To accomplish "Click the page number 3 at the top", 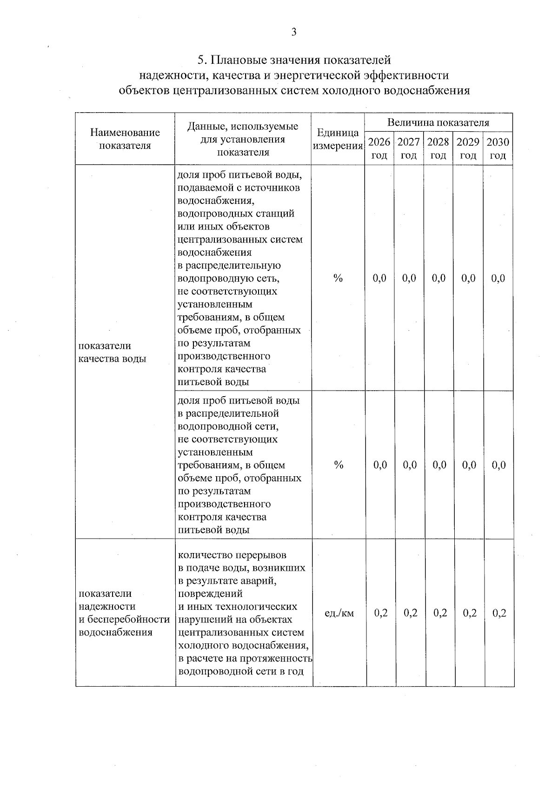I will pos(293,32).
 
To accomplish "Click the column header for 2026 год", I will pos(379,149).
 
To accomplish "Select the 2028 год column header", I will pos(438,149).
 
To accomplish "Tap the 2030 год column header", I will pos(498,149).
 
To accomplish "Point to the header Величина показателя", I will pos(438,123).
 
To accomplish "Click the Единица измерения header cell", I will pos(338,139).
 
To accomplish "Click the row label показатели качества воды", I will pos(112,352).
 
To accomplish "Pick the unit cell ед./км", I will pos(339,613).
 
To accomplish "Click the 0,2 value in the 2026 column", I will pos(381,613).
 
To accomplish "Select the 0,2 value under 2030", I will pos(499,613).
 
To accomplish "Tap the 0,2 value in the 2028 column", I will pos(440,613).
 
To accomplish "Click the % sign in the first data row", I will pos(338,278).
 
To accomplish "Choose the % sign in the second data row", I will pos(339,465).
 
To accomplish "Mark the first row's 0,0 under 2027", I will pos(409,278).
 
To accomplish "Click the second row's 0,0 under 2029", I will pos(469,465).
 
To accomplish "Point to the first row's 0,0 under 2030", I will pos(498,278).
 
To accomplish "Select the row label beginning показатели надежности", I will pos(124,613).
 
